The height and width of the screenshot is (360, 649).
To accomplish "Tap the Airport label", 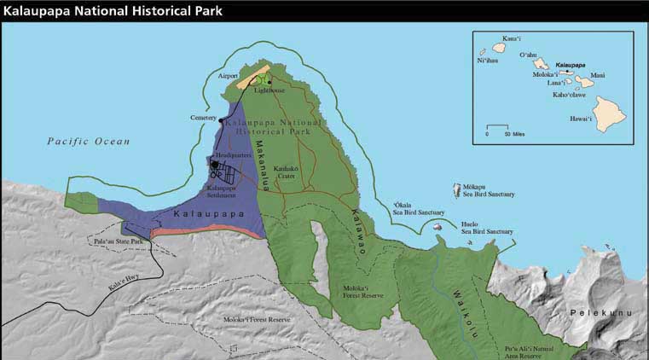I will [228, 75].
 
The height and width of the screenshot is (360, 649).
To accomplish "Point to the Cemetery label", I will [204, 118].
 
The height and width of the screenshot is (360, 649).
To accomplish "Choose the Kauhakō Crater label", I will [288, 173].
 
